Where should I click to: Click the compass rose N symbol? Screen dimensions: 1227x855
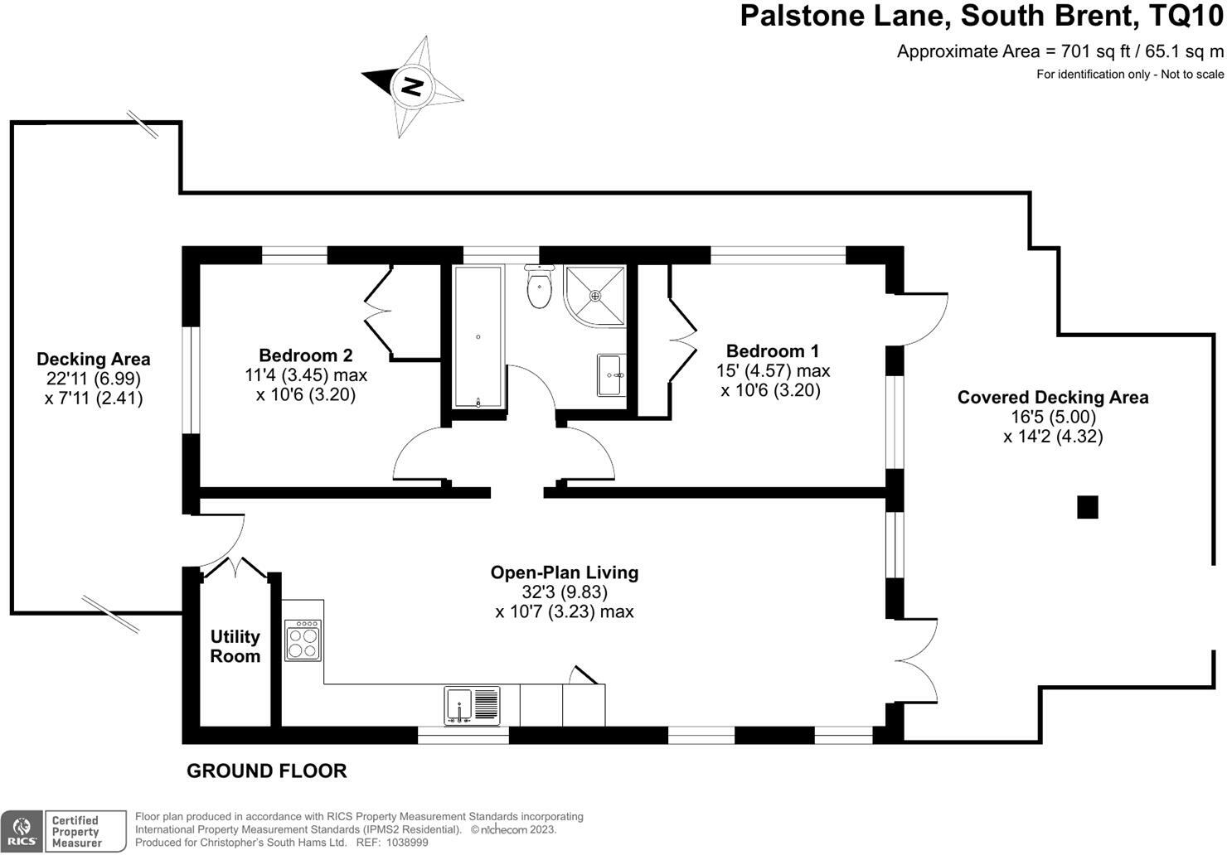click(412, 85)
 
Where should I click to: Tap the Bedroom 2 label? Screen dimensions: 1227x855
click(305, 355)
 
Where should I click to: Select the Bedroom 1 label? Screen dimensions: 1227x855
click(772, 350)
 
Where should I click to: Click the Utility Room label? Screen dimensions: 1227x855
click(235, 646)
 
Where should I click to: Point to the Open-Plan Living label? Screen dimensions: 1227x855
click(565, 572)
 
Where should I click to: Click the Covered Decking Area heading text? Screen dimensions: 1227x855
click(1053, 397)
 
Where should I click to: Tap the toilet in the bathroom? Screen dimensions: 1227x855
click(540, 288)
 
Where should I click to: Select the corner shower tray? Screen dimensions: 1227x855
click(594, 294)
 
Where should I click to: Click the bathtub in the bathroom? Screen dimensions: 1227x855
click(478, 337)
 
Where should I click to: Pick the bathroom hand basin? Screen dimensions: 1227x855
click(611, 375)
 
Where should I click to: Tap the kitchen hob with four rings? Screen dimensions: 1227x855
click(303, 640)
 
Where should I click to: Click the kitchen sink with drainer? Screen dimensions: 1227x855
click(472, 706)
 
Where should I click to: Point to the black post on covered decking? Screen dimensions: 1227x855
click(1087, 507)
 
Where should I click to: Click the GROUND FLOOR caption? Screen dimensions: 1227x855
click(266, 771)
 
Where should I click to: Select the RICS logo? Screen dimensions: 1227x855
click(21, 831)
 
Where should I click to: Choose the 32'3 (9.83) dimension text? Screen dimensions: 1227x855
click(565, 592)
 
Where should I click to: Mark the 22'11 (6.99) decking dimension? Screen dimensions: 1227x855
click(94, 379)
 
